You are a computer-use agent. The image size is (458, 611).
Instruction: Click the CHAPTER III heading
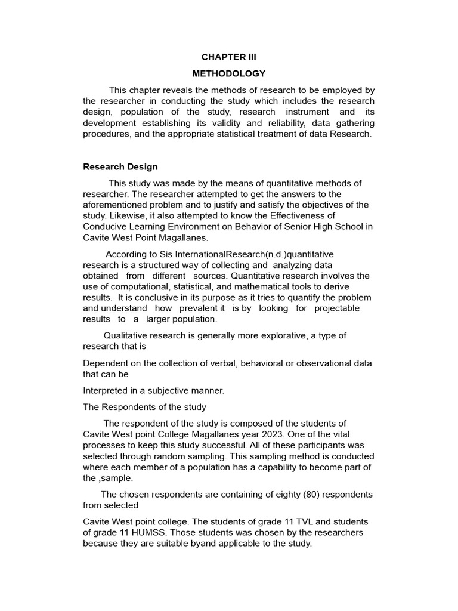point(228,58)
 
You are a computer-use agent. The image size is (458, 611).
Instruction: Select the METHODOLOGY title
point(228,74)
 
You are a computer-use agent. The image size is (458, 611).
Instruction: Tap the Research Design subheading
point(120,167)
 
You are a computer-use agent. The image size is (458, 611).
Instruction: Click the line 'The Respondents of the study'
point(144,407)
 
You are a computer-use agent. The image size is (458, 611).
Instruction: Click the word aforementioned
point(114,205)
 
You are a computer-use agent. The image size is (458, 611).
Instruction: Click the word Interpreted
point(107,391)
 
